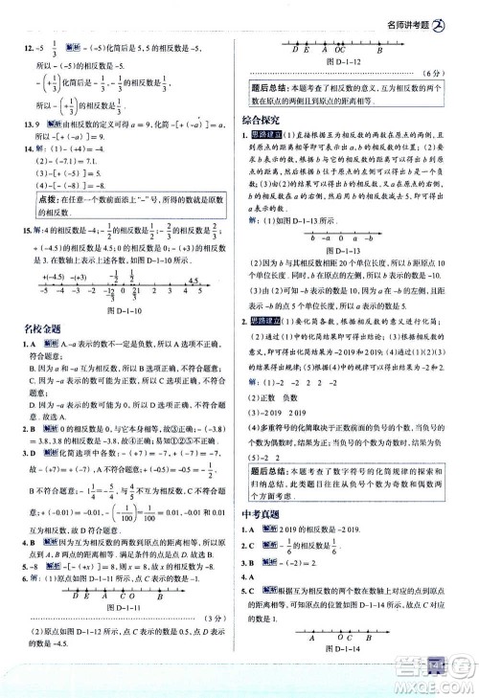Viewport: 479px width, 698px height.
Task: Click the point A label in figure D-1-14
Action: (x=311, y=662)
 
